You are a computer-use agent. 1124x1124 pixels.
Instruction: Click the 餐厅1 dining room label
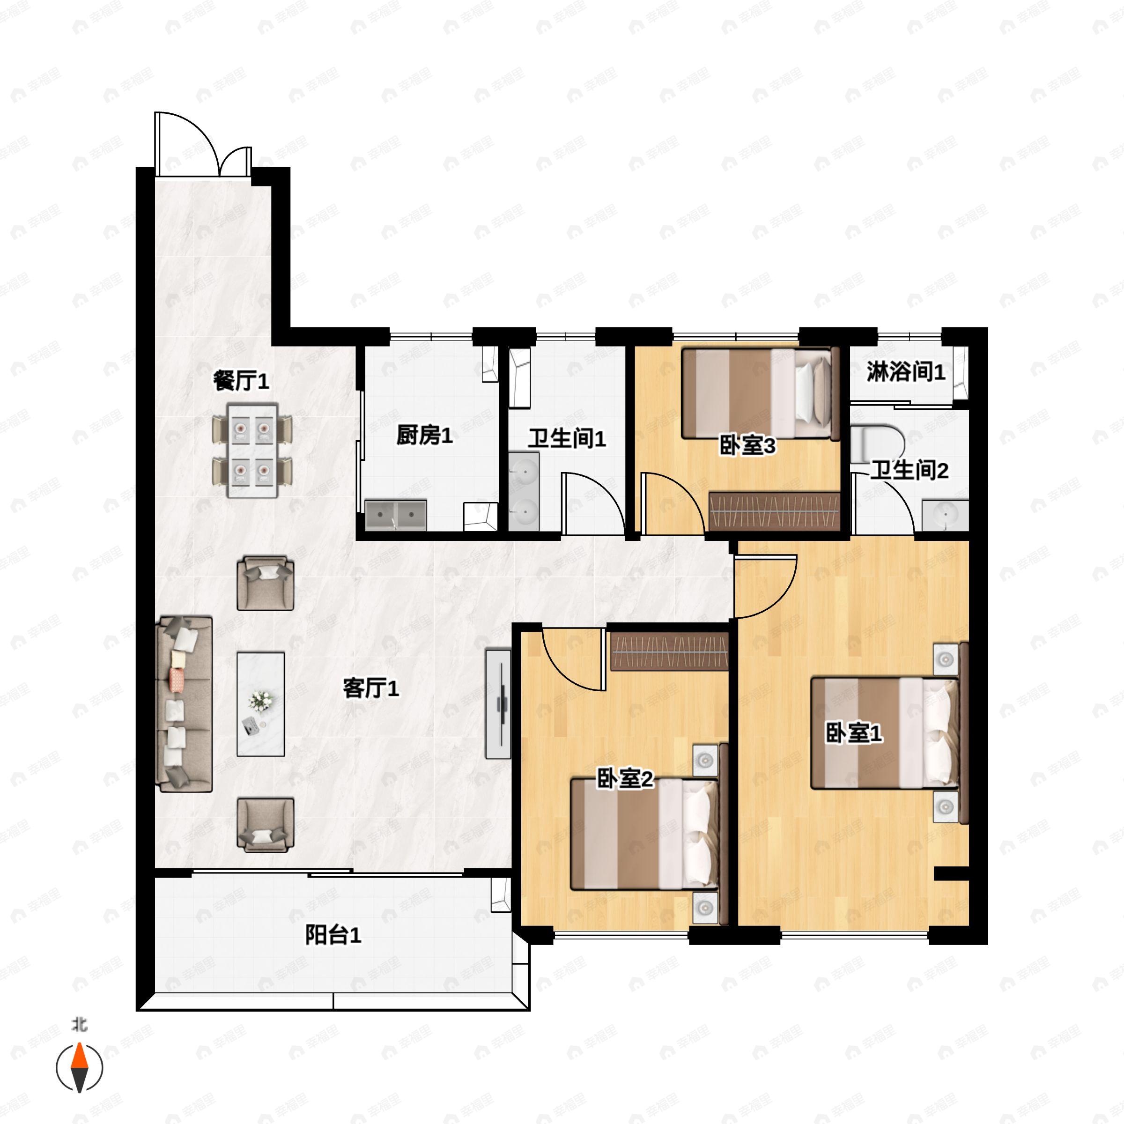[x=241, y=381]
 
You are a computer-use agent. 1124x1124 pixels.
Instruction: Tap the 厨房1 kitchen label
[x=425, y=435]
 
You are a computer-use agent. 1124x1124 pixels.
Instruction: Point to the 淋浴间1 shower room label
[x=906, y=372]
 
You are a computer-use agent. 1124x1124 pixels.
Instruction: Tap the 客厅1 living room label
[x=371, y=688]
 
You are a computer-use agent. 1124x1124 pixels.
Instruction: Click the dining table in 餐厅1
[x=252, y=450]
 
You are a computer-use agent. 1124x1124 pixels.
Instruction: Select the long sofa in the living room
[x=184, y=704]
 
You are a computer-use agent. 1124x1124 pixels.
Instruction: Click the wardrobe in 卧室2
[x=670, y=651]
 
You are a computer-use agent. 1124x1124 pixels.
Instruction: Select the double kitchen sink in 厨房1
[x=396, y=515]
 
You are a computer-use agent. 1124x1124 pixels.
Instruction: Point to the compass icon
[x=80, y=1068]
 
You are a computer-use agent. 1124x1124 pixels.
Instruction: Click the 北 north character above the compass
[x=80, y=1025]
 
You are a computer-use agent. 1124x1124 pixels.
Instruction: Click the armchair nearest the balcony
[x=265, y=825]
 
